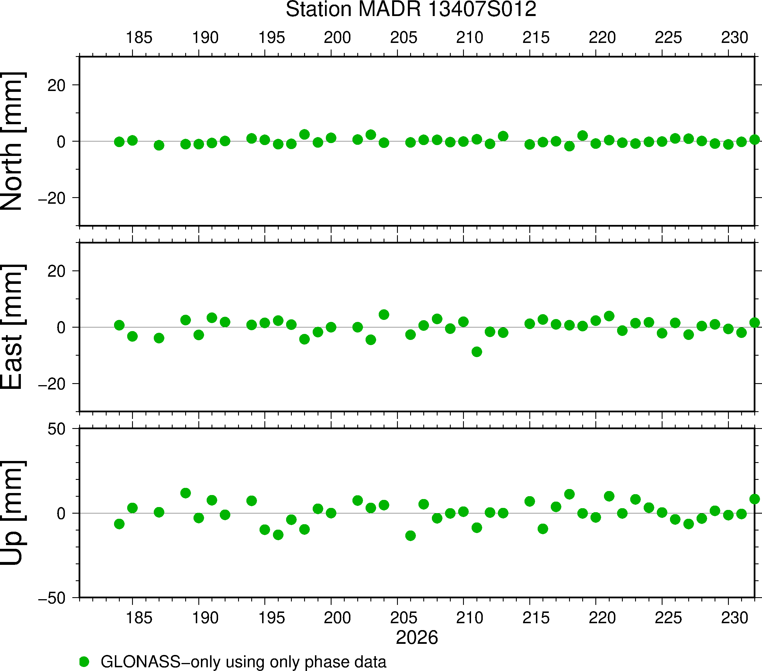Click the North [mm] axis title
tap(13, 141)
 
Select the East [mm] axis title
tap(13, 327)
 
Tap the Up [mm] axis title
tap(13, 513)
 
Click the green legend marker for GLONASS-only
tap(84, 662)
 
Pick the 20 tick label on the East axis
tap(56, 271)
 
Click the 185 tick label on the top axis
tap(139, 38)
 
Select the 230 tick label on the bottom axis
tap(734, 618)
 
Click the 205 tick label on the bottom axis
tap(403, 618)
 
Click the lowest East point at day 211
tap(477, 352)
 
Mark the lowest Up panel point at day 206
tap(410, 536)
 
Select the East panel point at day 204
tap(384, 314)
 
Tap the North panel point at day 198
tap(305, 134)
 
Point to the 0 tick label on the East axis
tap(61, 328)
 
